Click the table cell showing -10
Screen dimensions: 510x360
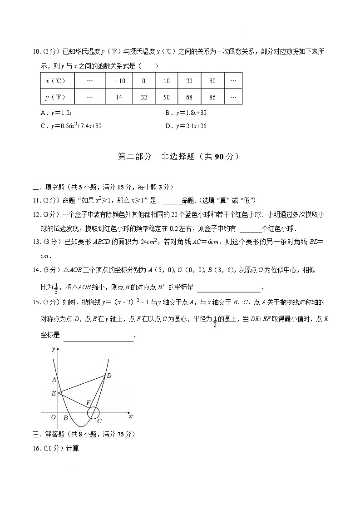[119, 81]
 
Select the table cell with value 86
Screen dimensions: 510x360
[212, 97]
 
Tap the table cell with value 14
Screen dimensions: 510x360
[119, 97]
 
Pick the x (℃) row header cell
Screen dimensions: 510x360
[56, 81]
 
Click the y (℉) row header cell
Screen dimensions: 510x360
[56, 97]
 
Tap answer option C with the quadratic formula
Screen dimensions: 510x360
[71, 126]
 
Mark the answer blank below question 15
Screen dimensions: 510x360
[99, 336]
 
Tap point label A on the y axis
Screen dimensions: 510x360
[54, 379]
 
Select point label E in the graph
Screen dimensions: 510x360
[54, 393]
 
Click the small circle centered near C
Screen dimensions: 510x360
[93, 413]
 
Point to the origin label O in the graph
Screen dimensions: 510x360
[54, 417]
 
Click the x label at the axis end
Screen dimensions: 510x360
[131, 416]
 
